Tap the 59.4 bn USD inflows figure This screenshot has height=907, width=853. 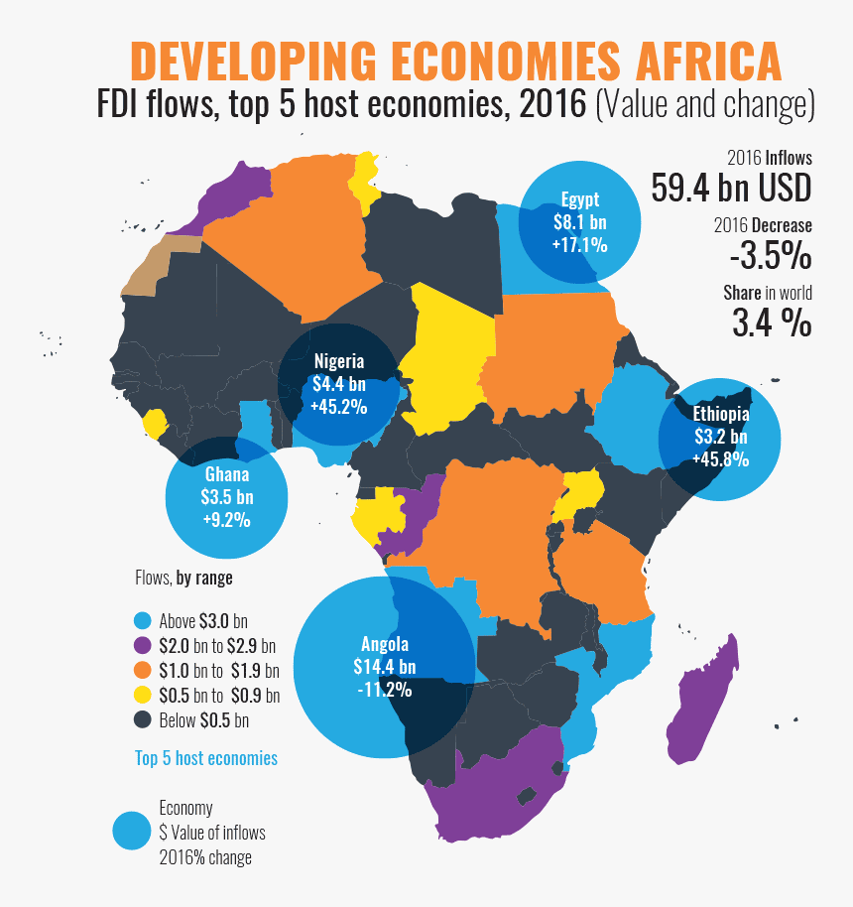pyautogui.click(x=731, y=187)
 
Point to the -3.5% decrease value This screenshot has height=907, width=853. pyautogui.click(x=770, y=256)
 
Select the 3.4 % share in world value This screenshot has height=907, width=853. pyautogui.click(x=772, y=323)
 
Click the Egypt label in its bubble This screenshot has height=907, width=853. pyautogui.click(x=579, y=197)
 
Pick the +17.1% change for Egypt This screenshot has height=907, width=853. pyautogui.click(x=579, y=243)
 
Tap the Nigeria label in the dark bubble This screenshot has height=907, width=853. pyautogui.click(x=338, y=361)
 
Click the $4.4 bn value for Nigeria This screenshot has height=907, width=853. pyautogui.click(x=338, y=384)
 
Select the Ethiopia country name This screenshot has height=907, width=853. pyautogui.click(x=721, y=414)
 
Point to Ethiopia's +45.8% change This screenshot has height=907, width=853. pyautogui.click(x=721, y=458)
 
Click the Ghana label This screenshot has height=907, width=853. pyautogui.click(x=227, y=474)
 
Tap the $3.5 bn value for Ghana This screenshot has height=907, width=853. pyautogui.click(x=227, y=497)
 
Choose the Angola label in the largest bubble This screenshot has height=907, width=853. pyautogui.click(x=385, y=643)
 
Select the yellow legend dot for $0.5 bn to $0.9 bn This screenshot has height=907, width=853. pyautogui.click(x=143, y=696)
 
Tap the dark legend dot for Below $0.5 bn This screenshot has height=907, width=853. pyautogui.click(x=143, y=720)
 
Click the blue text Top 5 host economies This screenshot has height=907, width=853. pyautogui.click(x=206, y=758)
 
